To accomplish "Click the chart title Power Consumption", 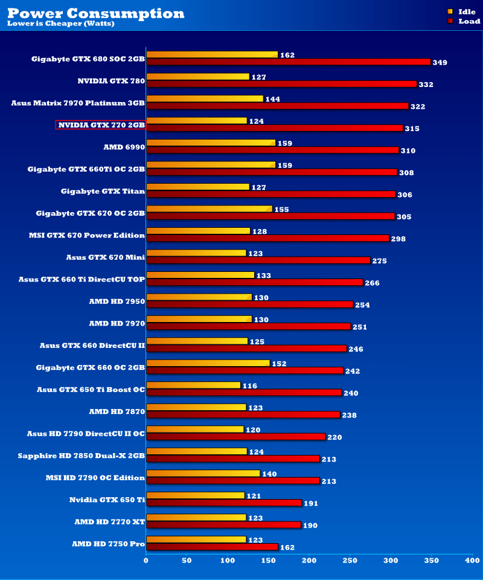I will coord(96,13).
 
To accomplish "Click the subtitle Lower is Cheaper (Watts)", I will coord(60,24).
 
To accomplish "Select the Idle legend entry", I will coord(463,11).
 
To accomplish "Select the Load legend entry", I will coord(463,21).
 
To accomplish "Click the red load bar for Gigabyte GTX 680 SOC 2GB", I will coord(288,62).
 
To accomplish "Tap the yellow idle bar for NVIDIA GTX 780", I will coord(197,77).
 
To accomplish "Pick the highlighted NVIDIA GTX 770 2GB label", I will coord(101,125).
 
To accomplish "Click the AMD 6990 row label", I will coord(124,147).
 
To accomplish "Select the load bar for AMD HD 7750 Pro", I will coord(212,547).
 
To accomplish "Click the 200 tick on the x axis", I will coord(309,561).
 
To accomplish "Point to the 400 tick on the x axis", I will coord(472,561).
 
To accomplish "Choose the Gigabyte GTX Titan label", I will coord(103,191).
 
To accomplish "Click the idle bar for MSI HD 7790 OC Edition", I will coord(203,474).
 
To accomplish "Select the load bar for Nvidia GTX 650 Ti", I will coord(223,503).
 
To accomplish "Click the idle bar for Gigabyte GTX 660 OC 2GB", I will coord(208,363).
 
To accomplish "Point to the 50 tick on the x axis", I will coord(187,561).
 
